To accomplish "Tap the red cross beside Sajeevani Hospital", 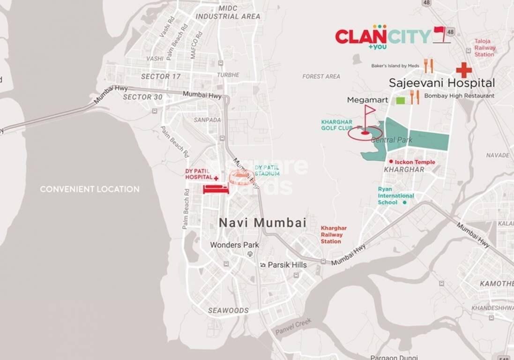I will tap(464, 70).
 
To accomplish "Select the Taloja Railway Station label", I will tap(484, 48).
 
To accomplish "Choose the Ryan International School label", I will tap(395, 195).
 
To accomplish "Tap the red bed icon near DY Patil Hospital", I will tap(216, 188).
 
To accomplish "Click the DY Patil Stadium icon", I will tap(242, 177).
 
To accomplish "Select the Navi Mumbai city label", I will tap(262, 223).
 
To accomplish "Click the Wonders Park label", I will tap(234, 245).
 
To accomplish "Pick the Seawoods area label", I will tap(228, 310).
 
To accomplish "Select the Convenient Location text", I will tap(89, 189).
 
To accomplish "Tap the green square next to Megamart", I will tap(400, 100).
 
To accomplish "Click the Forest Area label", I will tap(321, 76).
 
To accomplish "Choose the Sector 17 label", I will tap(161, 76).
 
